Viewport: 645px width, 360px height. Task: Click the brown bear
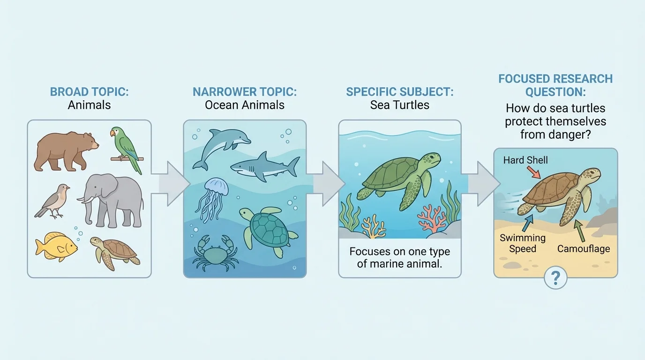[66, 151]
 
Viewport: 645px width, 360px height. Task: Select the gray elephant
[111, 199]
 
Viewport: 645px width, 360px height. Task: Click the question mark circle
[555, 278]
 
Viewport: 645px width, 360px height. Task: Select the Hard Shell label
[525, 160]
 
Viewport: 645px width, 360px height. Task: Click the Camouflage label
[584, 248]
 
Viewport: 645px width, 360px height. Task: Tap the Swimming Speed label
[523, 243]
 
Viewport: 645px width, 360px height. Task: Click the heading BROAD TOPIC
[89, 91]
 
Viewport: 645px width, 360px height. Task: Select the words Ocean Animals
[244, 105]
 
